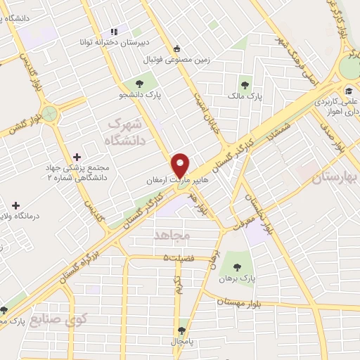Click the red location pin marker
(181, 165)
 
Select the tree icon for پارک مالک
(245, 82)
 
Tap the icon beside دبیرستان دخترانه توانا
(112, 32)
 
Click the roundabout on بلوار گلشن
(49, 112)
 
